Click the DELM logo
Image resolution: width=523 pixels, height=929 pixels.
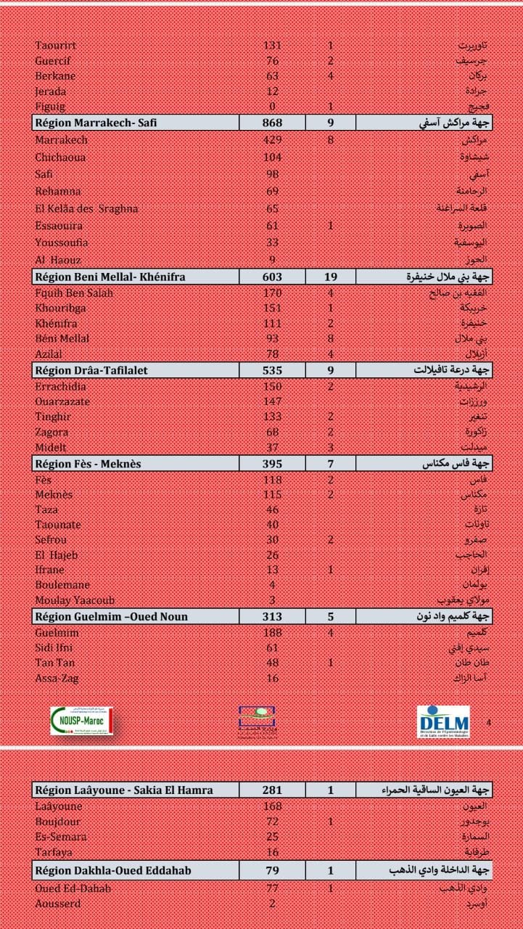click(x=443, y=721)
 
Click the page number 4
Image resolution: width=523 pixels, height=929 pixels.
click(x=488, y=722)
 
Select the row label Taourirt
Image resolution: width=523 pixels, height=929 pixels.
click(x=56, y=46)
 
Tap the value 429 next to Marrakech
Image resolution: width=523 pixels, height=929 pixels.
click(x=272, y=140)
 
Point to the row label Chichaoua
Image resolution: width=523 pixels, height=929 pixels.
click(x=59, y=157)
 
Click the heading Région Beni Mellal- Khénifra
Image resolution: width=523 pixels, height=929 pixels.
click(x=110, y=277)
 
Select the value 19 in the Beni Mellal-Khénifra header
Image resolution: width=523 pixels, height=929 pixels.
click(x=331, y=277)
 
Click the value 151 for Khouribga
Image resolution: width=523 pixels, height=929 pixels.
click(x=272, y=308)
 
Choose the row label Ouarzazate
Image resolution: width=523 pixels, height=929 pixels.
click(x=62, y=401)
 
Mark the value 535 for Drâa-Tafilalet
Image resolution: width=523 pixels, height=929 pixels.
click(x=272, y=370)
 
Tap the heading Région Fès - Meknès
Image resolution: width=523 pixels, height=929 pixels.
click(x=88, y=464)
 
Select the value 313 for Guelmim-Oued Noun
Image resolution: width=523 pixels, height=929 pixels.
click(x=272, y=617)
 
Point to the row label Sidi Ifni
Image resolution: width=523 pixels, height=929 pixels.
click(x=54, y=647)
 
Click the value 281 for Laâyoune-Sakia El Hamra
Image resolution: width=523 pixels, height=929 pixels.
click(x=272, y=790)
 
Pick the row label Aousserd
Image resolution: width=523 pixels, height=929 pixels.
click(x=58, y=904)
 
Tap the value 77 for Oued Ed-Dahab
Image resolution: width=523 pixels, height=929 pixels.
click(x=272, y=888)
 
